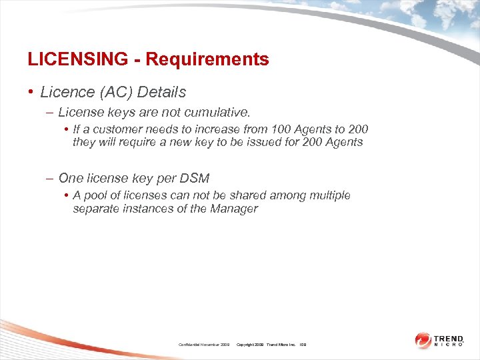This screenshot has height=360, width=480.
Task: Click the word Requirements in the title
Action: (207, 59)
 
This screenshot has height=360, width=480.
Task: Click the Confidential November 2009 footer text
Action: (204, 344)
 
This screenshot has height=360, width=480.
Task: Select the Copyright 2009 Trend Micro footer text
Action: (266, 344)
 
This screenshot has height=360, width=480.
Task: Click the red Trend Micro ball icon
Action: (423, 340)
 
